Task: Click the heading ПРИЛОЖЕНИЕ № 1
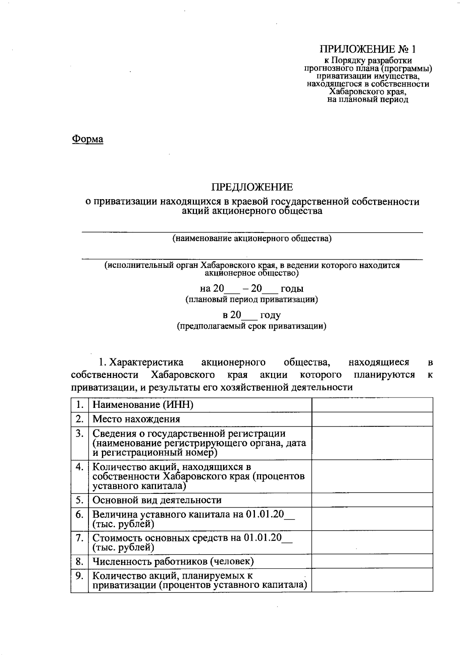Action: click(368, 49)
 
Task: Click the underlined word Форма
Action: click(88, 139)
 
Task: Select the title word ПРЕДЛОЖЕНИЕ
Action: click(252, 187)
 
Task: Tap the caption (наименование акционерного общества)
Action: click(252, 239)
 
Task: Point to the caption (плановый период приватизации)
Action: click(251, 299)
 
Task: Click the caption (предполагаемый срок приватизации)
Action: click(251, 326)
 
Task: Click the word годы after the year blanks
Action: click(292, 289)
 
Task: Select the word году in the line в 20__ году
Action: click(270, 315)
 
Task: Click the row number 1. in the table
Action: click(80, 405)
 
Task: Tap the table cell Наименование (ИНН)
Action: click(143, 405)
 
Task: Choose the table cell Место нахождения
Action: click(136, 419)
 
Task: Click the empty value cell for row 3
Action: click(372, 443)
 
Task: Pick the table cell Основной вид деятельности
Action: click(157, 500)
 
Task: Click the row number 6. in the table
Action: click(80, 515)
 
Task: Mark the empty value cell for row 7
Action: click(372, 542)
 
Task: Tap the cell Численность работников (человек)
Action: click(173, 562)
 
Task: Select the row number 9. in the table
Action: click(80, 576)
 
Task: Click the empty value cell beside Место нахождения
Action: click(372, 419)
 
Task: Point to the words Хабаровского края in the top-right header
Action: click(368, 92)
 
